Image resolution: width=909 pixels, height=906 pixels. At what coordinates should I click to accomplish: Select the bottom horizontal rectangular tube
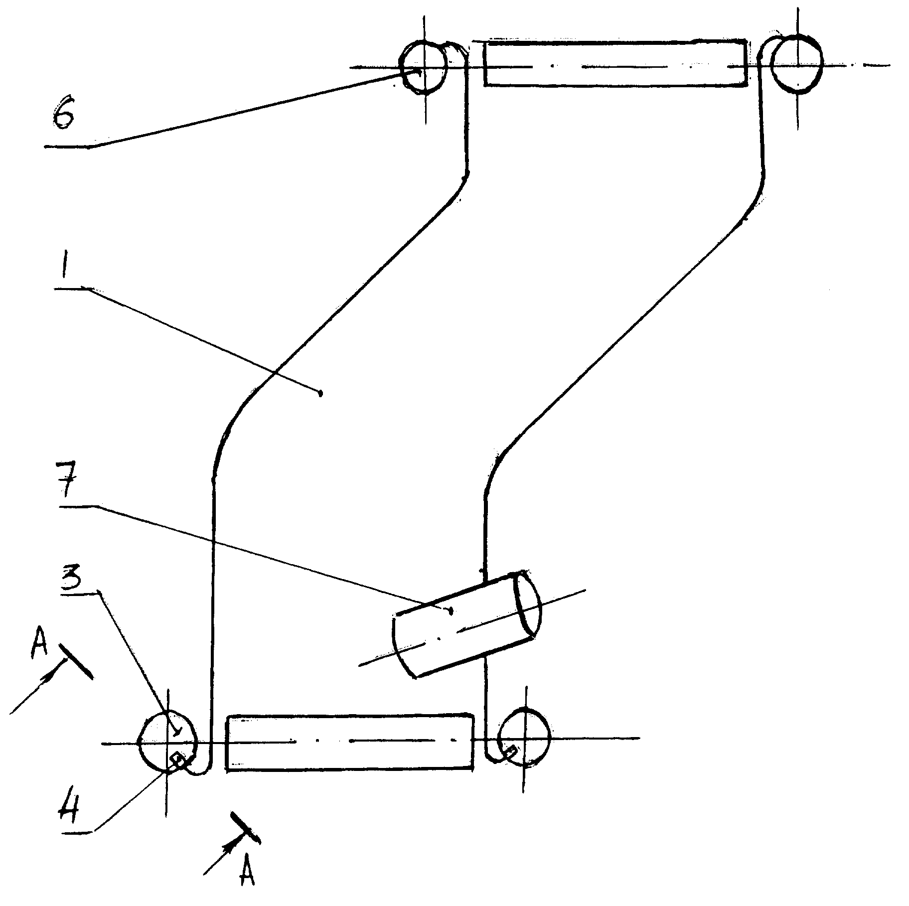click(x=350, y=743)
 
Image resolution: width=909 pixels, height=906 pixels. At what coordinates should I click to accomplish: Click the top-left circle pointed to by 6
click(x=423, y=67)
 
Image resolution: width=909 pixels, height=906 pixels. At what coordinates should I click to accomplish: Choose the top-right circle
click(x=796, y=64)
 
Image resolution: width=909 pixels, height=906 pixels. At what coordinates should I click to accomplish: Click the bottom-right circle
click(x=524, y=738)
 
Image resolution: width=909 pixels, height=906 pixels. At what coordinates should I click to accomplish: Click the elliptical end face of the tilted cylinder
click(x=528, y=604)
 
